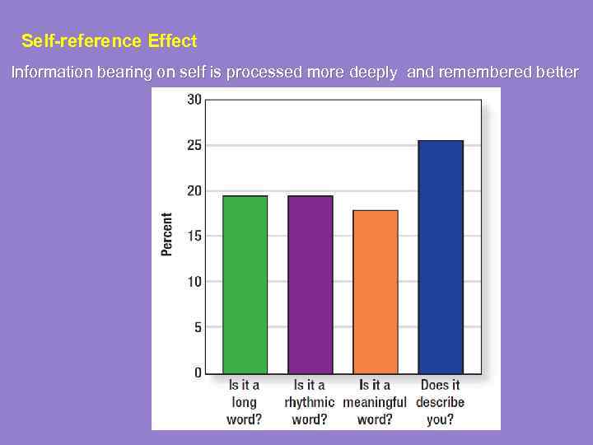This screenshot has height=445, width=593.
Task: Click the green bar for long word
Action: point(245,284)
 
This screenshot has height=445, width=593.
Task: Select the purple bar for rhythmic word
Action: point(310,284)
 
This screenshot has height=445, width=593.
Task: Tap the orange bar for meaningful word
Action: point(375,292)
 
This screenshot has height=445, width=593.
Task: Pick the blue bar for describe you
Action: point(441,256)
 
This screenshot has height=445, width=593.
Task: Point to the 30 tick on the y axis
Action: point(194,100)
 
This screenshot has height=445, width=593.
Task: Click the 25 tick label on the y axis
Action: point(194,145)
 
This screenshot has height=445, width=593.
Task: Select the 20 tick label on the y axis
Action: point(194,190)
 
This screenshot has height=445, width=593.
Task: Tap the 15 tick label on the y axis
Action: point(194,236)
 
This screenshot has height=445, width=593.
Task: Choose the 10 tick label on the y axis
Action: point(194,281)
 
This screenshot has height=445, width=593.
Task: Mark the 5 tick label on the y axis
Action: point(197,327)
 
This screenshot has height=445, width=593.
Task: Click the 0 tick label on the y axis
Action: point(198,372)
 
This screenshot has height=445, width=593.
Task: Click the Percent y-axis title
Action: point(167,235)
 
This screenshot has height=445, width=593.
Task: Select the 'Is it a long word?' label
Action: point(244,402)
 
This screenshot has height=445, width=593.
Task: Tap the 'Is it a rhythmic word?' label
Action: point(310,402)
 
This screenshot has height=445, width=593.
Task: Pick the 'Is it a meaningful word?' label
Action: point(375,402)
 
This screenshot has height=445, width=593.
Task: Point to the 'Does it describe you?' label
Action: point(441,402)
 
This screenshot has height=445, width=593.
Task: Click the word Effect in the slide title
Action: point(173,40)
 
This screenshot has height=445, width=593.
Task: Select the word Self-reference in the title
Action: point(82,40)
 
